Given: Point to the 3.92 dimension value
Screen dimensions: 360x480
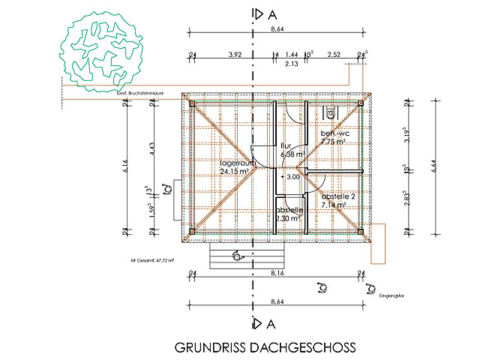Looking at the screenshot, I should click(234, 55).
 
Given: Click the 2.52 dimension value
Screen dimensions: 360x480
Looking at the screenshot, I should click(334, 55).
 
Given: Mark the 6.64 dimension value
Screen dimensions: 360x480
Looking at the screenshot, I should click(435, 166).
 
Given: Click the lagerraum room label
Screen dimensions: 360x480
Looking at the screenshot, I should click(238, 163).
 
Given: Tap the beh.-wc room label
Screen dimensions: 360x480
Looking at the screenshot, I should click(332, 133).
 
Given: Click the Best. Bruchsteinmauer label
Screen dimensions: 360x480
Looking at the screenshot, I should click(140, 93).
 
